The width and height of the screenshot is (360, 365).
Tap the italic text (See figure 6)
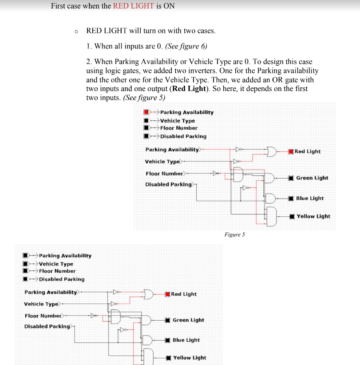click(186, 46)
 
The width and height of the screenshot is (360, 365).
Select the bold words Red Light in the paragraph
click(189, 88)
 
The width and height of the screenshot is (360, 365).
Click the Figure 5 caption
click(234, 234)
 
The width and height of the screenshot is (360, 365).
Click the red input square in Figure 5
click(146, 112)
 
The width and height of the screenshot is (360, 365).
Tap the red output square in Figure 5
click(291, 151)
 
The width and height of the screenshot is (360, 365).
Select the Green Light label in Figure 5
click(312, 178)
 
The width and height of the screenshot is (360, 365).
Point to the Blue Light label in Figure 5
click(310, 198)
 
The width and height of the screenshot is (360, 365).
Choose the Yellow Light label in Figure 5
click(313, 216)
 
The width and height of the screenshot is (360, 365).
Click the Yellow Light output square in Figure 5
click(291, 216)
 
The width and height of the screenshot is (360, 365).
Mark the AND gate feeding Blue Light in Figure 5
click(270, 198)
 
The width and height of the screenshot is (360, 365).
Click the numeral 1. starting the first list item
click(89, 46)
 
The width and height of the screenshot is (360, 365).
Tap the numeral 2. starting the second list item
click(89, 62)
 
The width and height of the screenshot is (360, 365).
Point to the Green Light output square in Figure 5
click(291, 178)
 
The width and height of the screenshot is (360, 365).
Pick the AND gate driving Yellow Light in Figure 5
click(271, 216)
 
